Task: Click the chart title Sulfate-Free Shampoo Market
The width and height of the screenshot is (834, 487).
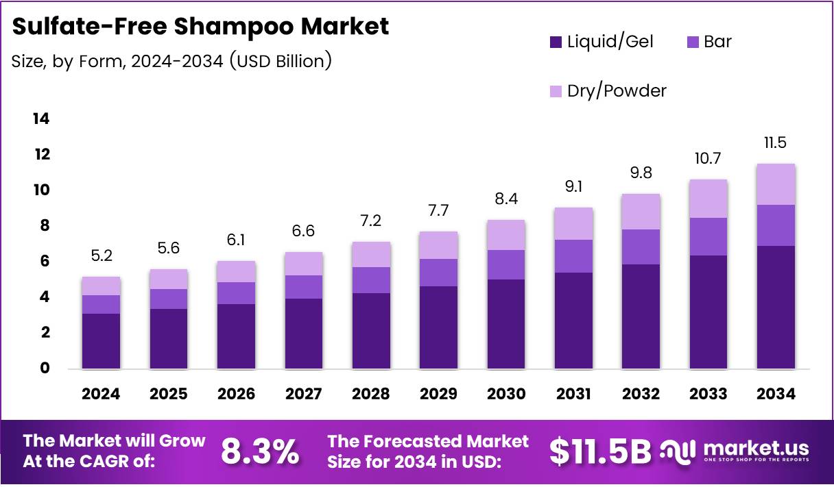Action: [x=200, y=27]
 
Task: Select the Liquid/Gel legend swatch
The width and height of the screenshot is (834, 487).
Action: [x=556, y=42]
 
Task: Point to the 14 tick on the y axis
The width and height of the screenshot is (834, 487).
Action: [x=41, y=119]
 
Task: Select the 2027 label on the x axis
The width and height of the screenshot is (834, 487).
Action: [x=303, y=394]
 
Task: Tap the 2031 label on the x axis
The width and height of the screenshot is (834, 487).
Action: [x=574, y=394]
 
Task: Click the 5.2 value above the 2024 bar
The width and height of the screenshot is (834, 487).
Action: [x=101, y=256]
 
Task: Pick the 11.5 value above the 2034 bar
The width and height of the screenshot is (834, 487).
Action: [x=776, y=143]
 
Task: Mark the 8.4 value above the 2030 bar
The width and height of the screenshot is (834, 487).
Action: [x=505, y=199]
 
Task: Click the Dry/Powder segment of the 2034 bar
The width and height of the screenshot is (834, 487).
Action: [x=776, y=184]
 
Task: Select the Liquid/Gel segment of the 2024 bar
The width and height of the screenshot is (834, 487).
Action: [x=101, y=341]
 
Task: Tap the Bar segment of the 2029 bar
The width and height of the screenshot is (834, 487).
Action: [x=438, y=273]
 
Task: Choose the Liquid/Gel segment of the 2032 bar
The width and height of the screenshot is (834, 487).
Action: [x=641, y=316]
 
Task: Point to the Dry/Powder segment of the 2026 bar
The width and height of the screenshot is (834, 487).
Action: [x=236, y=272]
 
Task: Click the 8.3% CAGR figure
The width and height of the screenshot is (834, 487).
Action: [x=259, y=452]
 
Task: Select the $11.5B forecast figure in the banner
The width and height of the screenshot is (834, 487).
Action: [x=600, y=452]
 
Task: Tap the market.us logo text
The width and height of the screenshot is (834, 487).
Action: [x=754, y=449]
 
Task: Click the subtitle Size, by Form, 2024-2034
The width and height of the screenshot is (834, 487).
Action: [x=171, y=62]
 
